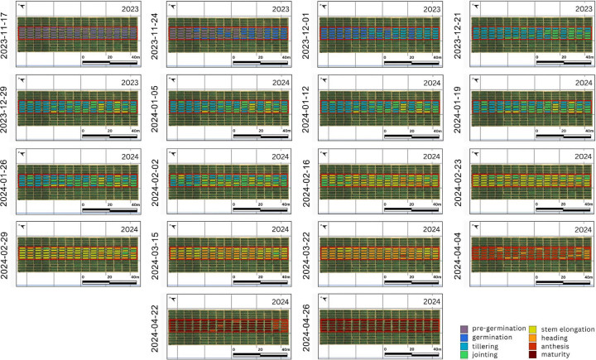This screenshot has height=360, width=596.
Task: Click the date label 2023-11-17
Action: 7,34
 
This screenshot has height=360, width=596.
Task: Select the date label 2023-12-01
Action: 310,34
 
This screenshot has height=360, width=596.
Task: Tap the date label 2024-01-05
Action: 158,106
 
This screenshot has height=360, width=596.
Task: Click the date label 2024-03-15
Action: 158,249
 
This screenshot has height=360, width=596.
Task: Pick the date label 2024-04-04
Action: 460,249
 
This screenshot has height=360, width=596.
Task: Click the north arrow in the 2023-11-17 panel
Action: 22,7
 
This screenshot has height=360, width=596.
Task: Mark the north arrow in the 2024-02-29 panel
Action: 22,223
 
